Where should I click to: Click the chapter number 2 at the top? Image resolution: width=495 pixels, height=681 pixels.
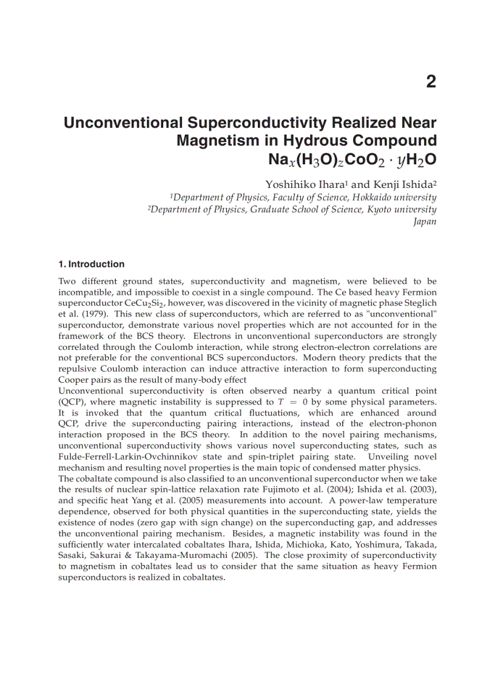431,82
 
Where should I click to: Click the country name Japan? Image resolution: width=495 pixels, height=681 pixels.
425,221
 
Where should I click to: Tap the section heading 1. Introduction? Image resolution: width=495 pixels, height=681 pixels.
92,264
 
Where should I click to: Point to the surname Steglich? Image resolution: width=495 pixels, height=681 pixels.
417,303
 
